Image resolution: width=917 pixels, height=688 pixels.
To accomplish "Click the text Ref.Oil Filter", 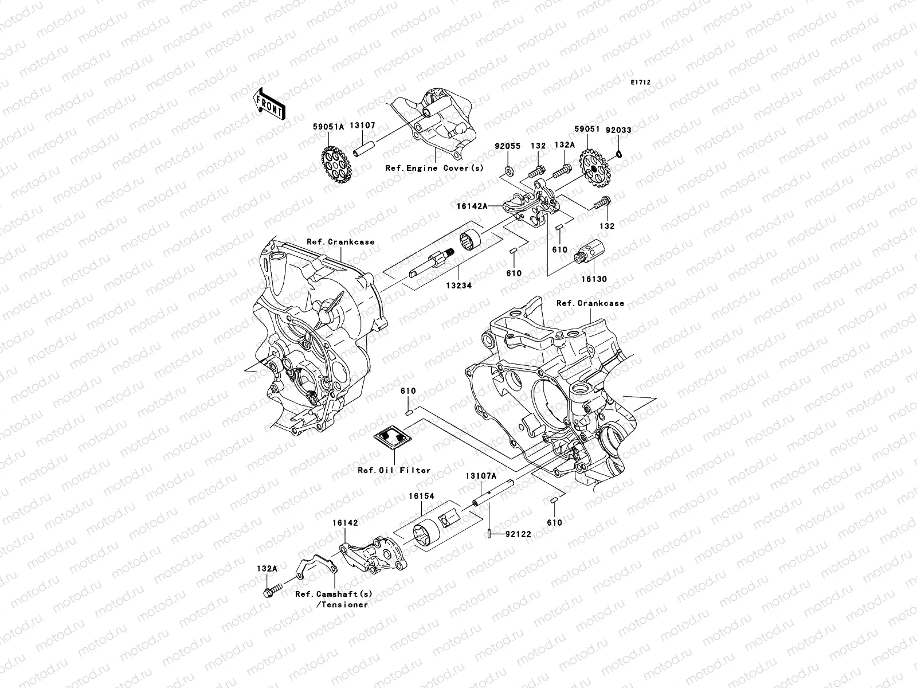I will tap(394, 470).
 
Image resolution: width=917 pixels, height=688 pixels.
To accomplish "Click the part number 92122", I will tap(518, 534).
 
